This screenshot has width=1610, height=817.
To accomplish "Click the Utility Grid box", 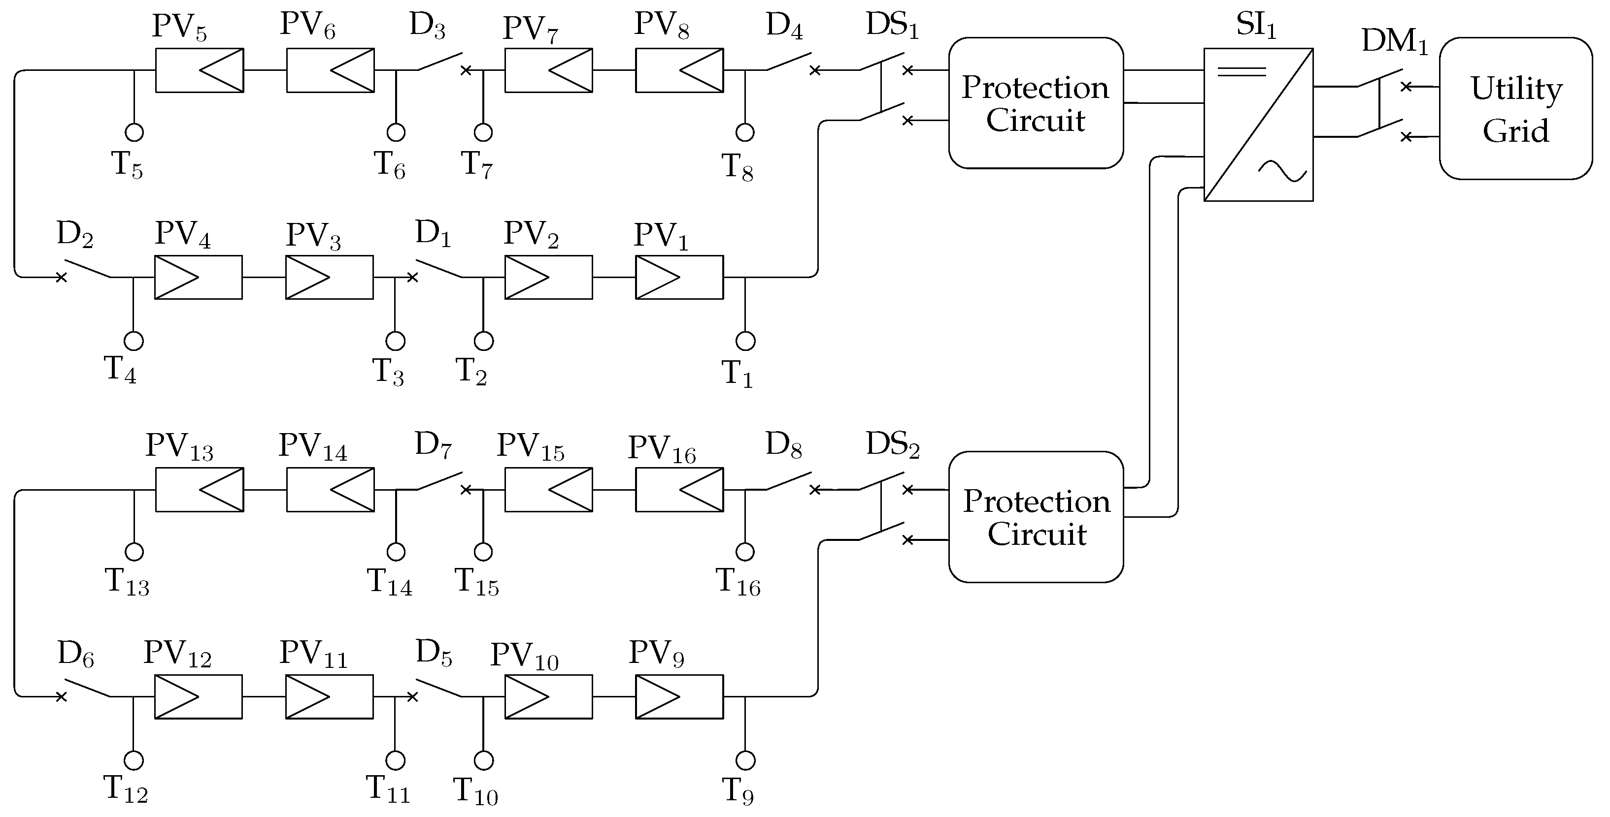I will pyautogui.click(x=1515, y=109).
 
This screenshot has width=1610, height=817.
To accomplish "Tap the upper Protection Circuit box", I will pyautogui.click(x=1035, y=103).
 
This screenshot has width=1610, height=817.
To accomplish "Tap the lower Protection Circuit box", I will pyautogui.click(x=1035, y=517).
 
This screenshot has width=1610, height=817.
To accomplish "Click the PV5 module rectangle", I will pyautogui.click(x=200, y=70).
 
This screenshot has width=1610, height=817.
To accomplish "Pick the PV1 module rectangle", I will pyautogui.click(x=679, y=277).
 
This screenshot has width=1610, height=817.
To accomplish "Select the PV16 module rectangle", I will pyautogui.click(x=679, y=490).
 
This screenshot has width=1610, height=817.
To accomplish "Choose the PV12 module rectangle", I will pyautogui.click(x=199, y=696).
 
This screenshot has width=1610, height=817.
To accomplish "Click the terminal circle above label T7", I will pyautogui.click(x=483, y=132).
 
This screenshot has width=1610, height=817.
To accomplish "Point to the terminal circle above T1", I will pyautogui.click(x=745, y=341).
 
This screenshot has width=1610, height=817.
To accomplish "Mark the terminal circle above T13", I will pyautogui.click(x=134, y=552).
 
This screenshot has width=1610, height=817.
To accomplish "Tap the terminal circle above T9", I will pyautogui.click(x=745, y=760).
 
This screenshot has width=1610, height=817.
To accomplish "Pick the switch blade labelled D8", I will pyautogui.click(x=789, y=481).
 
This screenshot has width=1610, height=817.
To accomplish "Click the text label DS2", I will pyautogui.click(x=893, y=445).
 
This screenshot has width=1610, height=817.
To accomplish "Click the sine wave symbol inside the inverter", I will pyautogui.click(x=1282, y=170).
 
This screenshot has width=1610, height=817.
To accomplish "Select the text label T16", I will pyautogui.click(x=738, y=583).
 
